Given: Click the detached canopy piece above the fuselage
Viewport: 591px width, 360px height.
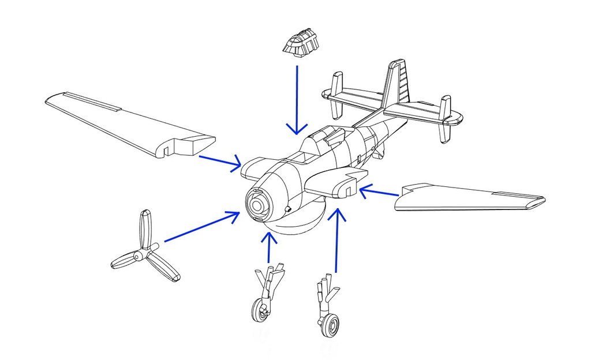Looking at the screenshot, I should coord(301,44).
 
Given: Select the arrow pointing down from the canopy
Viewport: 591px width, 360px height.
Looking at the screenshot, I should coord(297,98).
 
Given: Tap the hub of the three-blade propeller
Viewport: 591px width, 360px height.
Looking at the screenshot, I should coord(139,255).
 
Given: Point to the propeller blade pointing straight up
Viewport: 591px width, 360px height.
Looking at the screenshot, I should coord(146,228).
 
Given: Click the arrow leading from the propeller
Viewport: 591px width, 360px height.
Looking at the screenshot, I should coord(202,226).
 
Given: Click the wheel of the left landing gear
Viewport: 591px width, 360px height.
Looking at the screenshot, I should coord(261,311).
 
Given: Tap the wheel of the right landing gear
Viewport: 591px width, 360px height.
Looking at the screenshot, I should coord(330,325).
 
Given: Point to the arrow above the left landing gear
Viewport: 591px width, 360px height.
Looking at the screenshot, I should coord(268,248).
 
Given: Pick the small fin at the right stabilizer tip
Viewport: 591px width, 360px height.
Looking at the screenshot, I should coord(444,118).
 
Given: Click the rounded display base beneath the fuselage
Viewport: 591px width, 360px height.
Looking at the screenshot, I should coord(297,223).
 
